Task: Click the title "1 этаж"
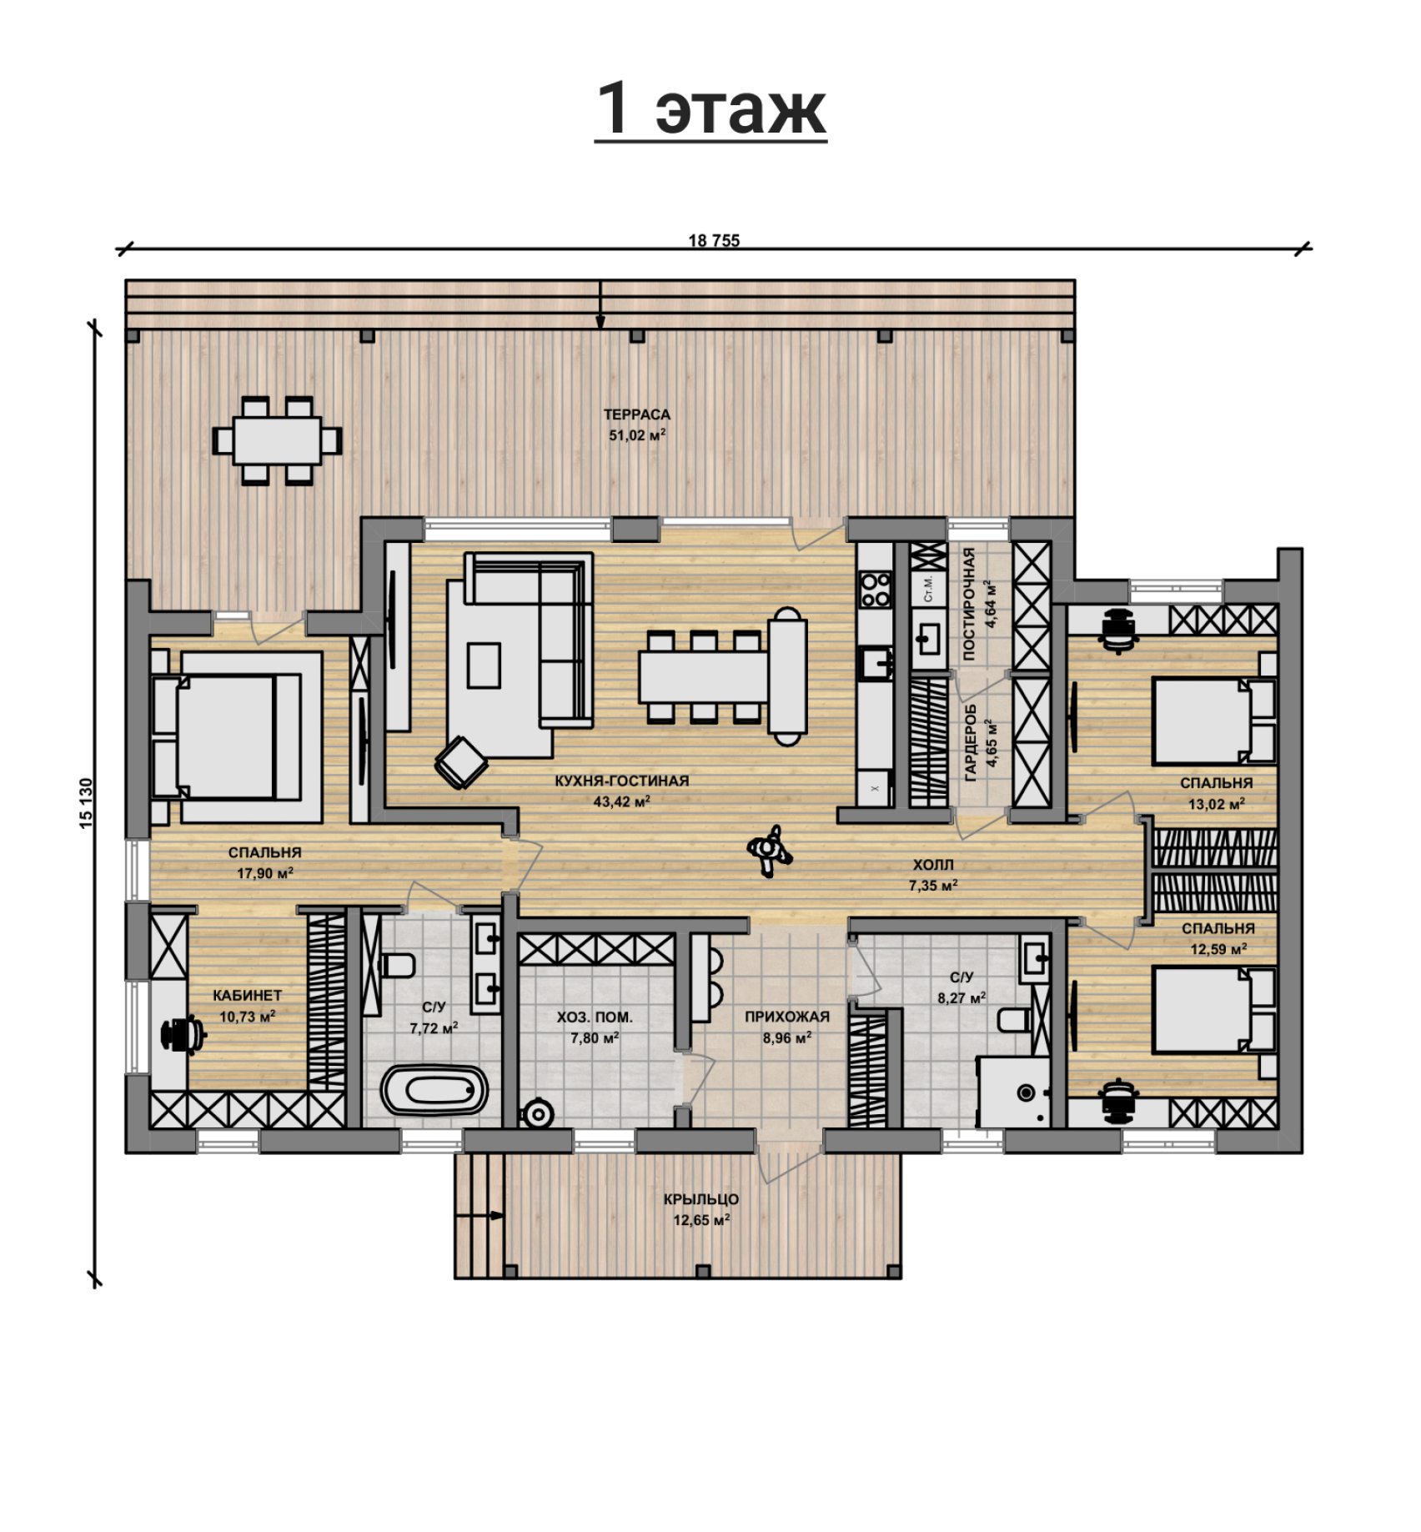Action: (710, 109)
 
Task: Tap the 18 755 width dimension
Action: (714, 241)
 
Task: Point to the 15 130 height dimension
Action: (88, 803)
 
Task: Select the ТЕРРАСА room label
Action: (637, 414)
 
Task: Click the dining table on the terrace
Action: (278, 440)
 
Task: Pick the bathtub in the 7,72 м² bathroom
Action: (434, 1089)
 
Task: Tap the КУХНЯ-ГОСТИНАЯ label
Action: (622, 781)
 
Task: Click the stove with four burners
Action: (876, 589)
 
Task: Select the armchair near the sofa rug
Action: (461, 761)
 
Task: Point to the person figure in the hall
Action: (769, 850)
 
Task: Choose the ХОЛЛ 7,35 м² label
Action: (932, 875)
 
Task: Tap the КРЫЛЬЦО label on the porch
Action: (701, 1199)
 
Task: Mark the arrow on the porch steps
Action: (480, 1215)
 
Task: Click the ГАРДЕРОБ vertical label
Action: (970, 742)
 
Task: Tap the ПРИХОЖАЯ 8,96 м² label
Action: (787, 1027)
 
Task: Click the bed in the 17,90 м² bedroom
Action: (225, 736)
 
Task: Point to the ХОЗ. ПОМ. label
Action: (595, 1017)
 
